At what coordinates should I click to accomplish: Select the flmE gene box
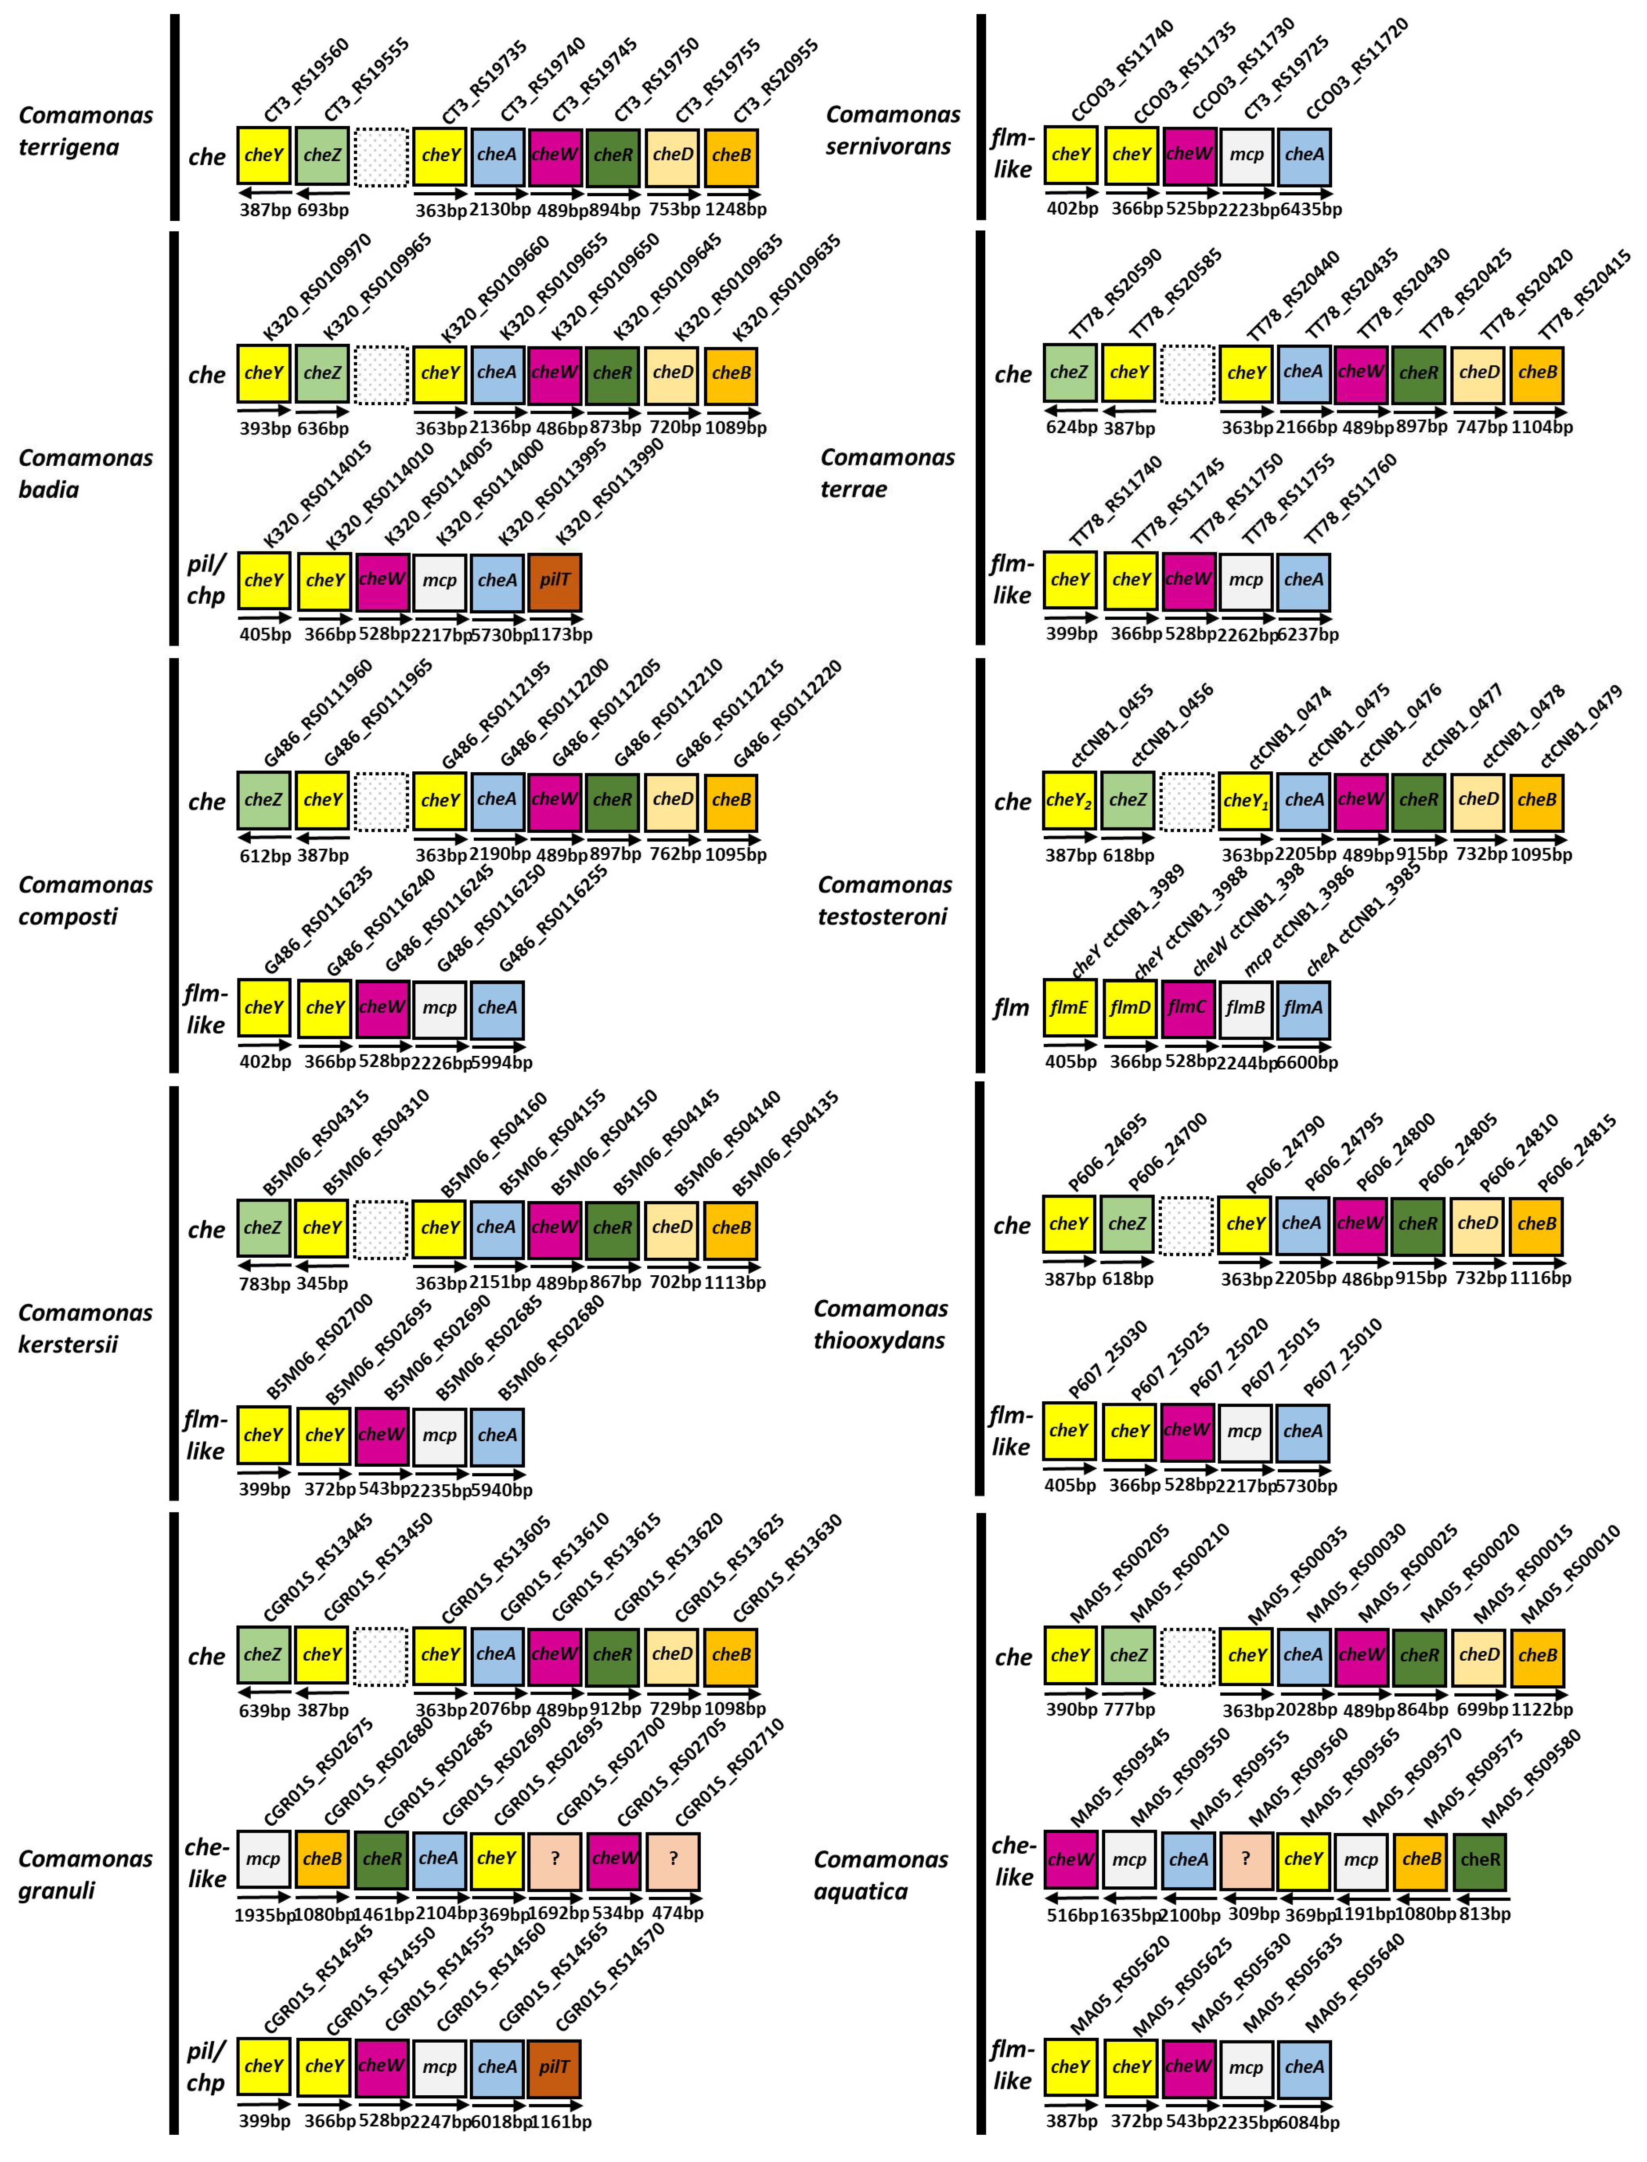point(1070,1007)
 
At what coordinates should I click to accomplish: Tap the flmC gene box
point(1187,1007)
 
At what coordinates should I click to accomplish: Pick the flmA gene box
point(1304,1007)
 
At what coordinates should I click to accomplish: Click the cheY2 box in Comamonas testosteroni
point(1070,800)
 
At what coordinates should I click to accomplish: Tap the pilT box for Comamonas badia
point(555,580)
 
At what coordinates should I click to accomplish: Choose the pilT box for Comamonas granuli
point(555,2066)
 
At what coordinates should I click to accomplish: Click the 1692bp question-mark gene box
point(555,1859)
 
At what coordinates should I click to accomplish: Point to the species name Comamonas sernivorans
point(892,130)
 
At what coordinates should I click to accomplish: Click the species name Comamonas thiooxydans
point(880,1324)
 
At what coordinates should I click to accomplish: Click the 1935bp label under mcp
point(264,1913)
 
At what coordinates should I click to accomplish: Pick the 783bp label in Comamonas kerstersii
point(265,1283)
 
